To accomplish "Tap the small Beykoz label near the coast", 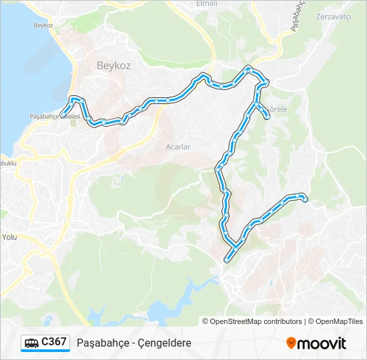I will click(x=43, y=25).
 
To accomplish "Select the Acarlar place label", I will click(x=178, y=146).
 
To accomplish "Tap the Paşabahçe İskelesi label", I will click(x=55, y=116).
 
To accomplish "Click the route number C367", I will click(x=53, y=342).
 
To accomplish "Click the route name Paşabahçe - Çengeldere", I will click(x=134, y=343).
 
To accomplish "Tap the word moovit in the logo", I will click(x=322, y=343).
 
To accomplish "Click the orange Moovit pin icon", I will click(x=291, y=343).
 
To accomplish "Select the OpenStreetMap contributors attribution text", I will click(x=256, y=321).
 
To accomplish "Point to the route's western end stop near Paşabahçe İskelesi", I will click(x=63, y=113).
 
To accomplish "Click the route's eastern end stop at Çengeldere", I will click(x=304, y=199).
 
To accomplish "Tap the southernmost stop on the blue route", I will click(x=228, y=260).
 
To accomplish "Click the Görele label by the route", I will click(x=276, y=109).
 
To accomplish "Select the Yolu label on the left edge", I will click(x=9, y=237).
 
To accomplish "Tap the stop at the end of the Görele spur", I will click(x=268, y=117).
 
